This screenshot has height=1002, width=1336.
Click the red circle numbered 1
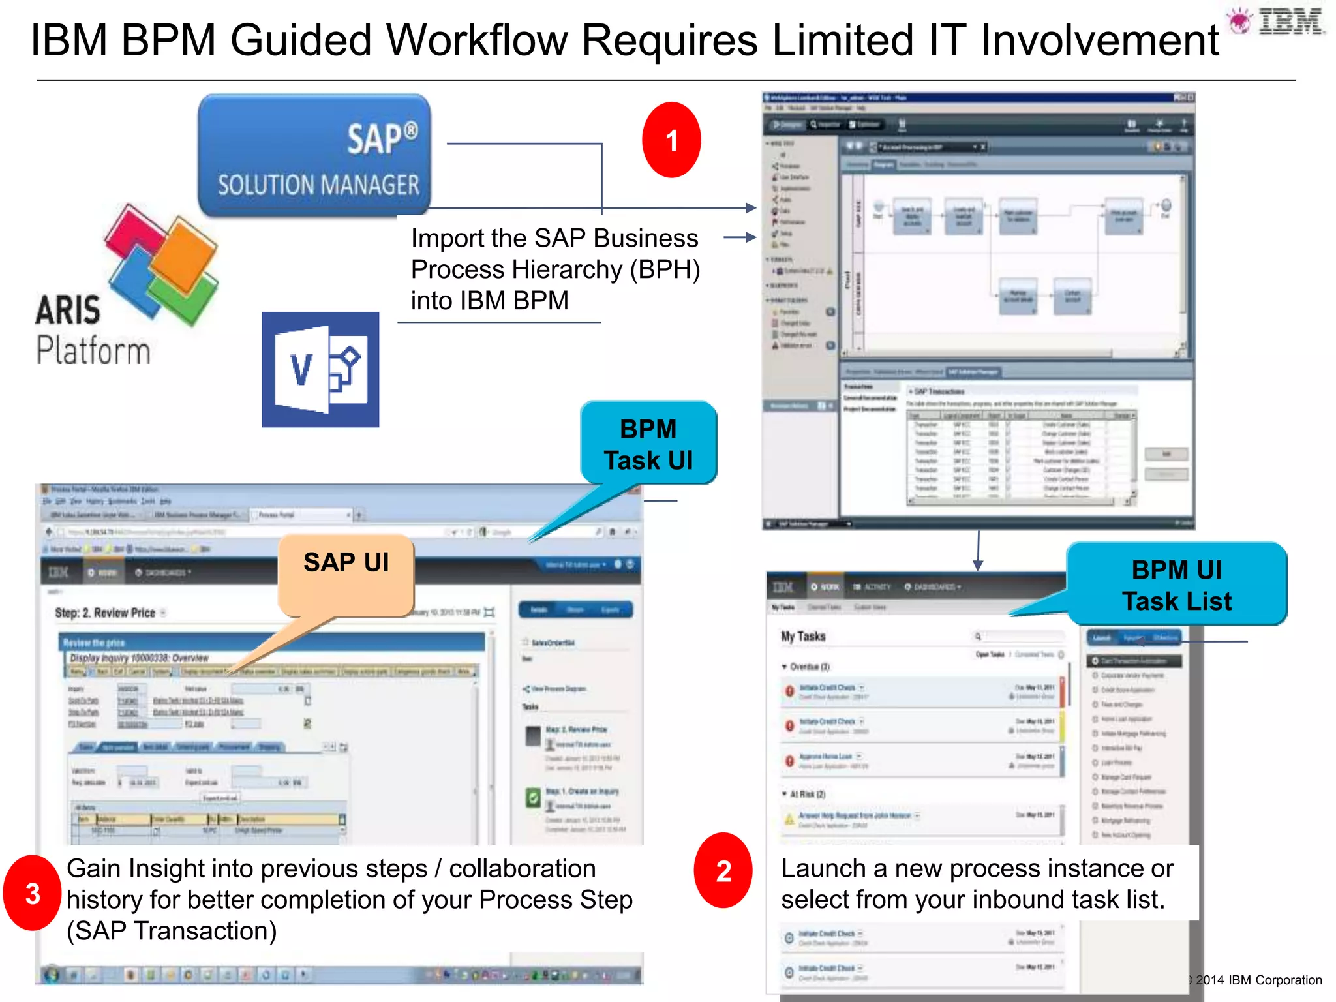671,140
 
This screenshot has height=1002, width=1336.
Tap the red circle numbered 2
723,871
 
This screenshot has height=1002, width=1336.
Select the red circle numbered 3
33,893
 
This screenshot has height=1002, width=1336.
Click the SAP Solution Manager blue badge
314,156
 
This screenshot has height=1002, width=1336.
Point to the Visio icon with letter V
320,370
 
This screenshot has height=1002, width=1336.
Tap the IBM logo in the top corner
1290,22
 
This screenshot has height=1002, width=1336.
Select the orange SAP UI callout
346,568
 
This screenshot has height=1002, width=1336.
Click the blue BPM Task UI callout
648,444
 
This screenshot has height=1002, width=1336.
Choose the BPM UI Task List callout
1177,584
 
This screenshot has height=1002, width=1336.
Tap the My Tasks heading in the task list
803,636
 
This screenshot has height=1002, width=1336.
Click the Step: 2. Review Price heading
106,613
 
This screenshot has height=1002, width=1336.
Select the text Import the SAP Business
554,239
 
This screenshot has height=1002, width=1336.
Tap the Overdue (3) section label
809,667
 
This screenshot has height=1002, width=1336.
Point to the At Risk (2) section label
808,794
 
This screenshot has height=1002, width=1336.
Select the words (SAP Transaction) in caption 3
172,931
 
